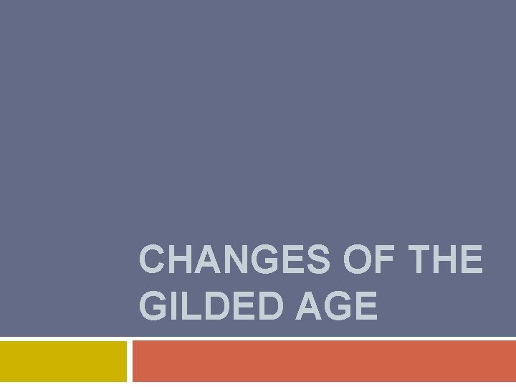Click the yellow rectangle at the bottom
(x=63, y=361)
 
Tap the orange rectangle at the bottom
(x=324, y=361)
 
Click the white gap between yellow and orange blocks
(x=130, y=361)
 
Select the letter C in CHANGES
(x=153, y=259)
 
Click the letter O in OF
(x=358, y=259)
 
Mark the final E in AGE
(x=367, y=306)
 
